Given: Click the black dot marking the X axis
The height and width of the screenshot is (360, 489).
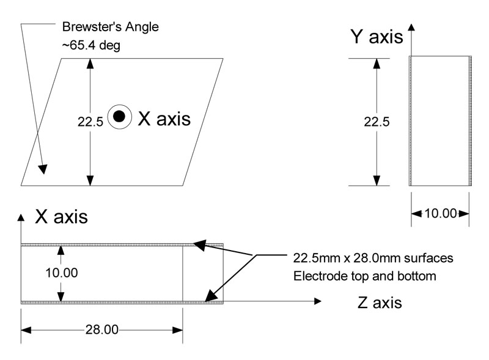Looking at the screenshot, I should click(x=119, y=116).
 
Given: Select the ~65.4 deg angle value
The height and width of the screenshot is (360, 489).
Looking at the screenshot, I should click(x=94, y=45).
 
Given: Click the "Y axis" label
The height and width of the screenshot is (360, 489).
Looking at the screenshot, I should click(x=376, y=37).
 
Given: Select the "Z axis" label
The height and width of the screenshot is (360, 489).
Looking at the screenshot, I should click(x=379, y=302).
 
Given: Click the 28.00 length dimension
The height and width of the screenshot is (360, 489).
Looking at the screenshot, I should click(x=103, y=330).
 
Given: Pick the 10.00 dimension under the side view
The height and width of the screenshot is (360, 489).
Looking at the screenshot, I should click(x=440, y=213).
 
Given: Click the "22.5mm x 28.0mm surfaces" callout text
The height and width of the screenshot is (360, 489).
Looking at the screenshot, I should click(x=373, y=258).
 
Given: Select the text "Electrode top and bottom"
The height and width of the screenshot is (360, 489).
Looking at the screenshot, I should click(x=365, y=276).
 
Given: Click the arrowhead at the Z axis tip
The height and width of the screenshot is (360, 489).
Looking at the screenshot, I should click(x=317, y=301).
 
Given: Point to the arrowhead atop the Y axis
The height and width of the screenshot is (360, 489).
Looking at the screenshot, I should click(x=412, y=28).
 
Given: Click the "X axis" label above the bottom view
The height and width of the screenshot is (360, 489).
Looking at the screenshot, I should click(x=61, y=216).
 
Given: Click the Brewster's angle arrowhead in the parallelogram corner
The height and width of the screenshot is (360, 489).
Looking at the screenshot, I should click(x=43, y=169).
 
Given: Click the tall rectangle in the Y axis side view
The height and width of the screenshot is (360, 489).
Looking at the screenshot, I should click(x=440, y=121).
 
